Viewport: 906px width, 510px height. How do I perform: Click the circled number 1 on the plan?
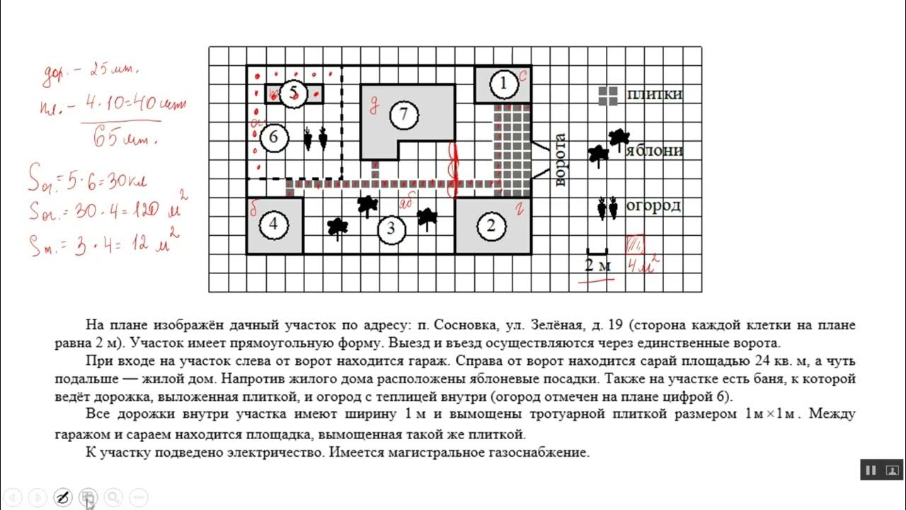click(503, 84)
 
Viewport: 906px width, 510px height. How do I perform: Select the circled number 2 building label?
click(491, 226)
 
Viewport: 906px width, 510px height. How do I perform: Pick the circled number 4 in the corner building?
click(274, 226)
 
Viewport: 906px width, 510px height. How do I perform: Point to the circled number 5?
click(294, 93)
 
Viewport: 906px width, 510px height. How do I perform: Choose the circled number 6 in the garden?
click(274, 137)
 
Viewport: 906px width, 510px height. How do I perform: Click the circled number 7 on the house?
click(403, 114)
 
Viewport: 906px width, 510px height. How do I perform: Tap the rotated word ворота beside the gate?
click(561, 159)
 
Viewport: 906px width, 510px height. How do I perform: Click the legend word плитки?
click(655, 94)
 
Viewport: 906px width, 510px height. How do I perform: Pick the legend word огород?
click(653, 206)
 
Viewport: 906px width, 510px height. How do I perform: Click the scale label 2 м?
click(597, 266)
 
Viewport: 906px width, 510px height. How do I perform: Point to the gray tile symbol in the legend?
click(607, 96)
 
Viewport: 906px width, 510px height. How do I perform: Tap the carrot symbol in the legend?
click(607, 208)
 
